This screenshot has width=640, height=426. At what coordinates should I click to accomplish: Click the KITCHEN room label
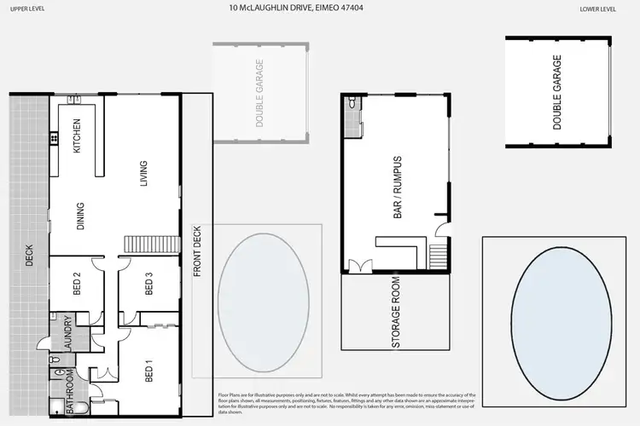76,135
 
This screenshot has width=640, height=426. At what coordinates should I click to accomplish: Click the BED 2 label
76,282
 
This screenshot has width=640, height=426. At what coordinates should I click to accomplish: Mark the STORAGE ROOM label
396,313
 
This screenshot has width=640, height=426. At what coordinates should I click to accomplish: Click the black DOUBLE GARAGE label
557,92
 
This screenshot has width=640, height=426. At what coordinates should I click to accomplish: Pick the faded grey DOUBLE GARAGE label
259,94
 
